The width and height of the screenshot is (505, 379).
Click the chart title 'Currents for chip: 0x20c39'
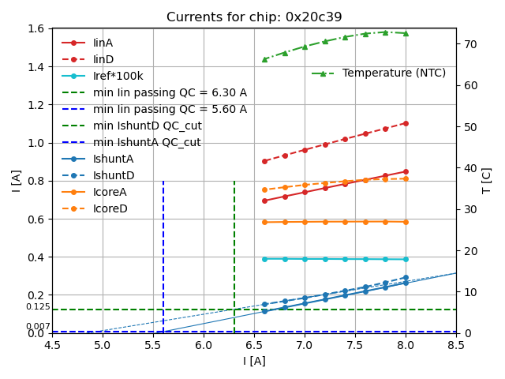pos(253,17)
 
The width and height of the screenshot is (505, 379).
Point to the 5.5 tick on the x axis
pos(153,347)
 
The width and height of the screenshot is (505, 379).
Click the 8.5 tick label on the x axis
pos(456,347)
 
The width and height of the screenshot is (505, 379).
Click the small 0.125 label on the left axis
pos(38,307)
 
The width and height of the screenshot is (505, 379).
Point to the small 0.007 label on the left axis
pos(38,327)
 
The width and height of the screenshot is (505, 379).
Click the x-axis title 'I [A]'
pos(253,362)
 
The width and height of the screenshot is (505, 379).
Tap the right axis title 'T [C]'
pos(487,181)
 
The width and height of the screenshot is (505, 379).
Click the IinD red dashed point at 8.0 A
pos(406,123)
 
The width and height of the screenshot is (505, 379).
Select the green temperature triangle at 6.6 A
pos(264,59)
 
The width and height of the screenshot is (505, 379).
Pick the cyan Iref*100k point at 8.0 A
pos(406,259)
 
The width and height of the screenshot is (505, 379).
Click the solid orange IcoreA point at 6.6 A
pos(264,222)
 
